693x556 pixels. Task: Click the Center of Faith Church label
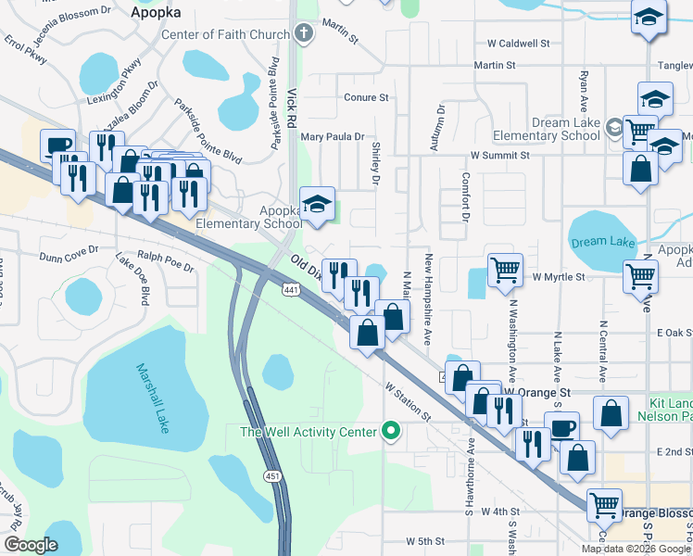pyautogui.click(x=225, y=35)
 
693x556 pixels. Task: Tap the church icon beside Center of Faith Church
pyautogui.click(x=305, y=35)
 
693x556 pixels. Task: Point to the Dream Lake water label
pyautogui.click(x=602, y=242)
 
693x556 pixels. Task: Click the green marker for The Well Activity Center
pyautogui.click(x=391, y=431)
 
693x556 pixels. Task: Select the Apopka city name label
pyautogui.click(x=156, y=12)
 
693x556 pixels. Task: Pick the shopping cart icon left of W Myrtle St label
pyautogui.click(x=505, y=270)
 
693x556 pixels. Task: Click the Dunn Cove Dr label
pyautogui.click(x=69, y=251)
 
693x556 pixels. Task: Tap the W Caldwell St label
pyautogui.click(x=519, y=44)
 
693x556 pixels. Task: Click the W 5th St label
pyautogui.click(x=426, y=540)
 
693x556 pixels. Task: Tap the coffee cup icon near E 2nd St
pyautogui.click(x=561, y=427)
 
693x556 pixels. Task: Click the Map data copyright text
pyautogui.click(x=636, y=549)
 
